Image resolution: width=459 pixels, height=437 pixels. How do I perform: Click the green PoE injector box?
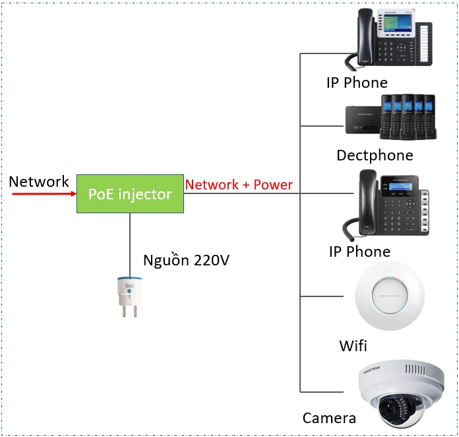(130, 194)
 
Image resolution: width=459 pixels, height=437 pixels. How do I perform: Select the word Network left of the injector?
(39, 182)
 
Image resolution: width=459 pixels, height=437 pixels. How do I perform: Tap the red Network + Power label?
(239, 185)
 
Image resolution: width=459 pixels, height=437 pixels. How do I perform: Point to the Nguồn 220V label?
(186, 260)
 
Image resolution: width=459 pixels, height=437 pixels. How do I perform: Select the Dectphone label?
(375, 155)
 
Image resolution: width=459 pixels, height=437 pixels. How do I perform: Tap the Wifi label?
(353, 346)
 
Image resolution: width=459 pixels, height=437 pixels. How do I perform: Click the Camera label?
(329, 418)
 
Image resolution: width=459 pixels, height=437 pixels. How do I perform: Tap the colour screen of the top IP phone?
(397, 26)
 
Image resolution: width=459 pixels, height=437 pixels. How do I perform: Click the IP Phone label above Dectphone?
(357, 83)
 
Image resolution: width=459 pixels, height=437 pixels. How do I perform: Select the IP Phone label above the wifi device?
(359, 252)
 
